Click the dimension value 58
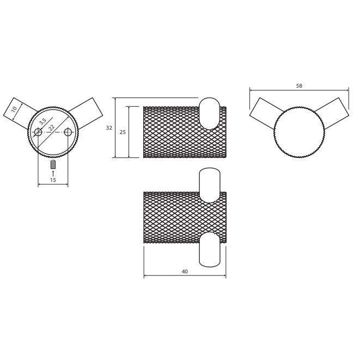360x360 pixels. (299, 86)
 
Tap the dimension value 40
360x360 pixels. (185, 272)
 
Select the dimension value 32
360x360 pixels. (109, 128)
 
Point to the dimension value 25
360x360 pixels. (123, 132)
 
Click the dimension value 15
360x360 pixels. (53, 180)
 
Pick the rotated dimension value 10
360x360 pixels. (14, 109)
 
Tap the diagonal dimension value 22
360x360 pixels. (52, 127)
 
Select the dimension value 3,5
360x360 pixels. (42, 121)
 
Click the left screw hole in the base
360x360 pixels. (38, 132)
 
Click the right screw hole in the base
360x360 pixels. (68, 132)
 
